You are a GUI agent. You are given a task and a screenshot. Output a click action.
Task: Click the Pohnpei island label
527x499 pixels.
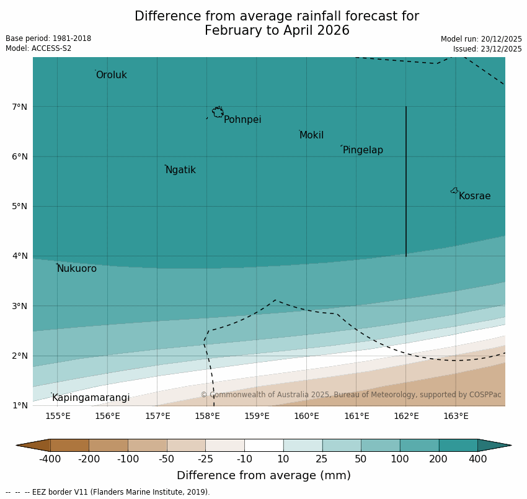click(242, 120)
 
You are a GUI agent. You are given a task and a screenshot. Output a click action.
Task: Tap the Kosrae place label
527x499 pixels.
click(474, 196)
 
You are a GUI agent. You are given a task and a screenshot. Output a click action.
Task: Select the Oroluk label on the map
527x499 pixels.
click(112, 75)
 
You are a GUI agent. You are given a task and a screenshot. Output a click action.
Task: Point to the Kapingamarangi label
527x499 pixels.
click(91, 398)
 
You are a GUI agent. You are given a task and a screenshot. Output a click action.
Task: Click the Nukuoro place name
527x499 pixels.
click(77, 269)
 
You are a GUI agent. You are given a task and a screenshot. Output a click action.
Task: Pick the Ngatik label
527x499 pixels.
click(180, 170)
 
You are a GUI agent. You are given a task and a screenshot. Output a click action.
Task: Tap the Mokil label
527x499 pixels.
click(311, 135)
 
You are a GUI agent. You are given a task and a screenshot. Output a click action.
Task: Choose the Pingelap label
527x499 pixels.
click(363, 150)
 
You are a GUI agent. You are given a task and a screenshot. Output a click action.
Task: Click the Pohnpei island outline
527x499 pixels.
click(218, 112)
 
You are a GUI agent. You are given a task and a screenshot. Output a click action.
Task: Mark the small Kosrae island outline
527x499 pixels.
click(454, 191)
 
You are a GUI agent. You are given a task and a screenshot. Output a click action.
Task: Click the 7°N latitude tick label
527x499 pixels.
click(19, 107)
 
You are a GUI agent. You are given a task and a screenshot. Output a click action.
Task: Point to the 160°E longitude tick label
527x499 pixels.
click(306, 416)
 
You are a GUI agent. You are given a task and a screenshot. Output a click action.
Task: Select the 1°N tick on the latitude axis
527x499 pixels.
click(19, 405)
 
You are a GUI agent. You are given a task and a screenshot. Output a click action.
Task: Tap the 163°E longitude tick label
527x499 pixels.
click(456, 416)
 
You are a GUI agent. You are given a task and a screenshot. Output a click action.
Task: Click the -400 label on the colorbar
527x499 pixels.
click(50, 459)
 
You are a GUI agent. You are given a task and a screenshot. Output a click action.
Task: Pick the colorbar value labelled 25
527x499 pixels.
click(322, 459)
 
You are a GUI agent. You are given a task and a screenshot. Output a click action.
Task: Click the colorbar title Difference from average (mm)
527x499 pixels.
click(263, 475)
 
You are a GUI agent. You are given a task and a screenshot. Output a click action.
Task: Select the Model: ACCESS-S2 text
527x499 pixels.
click(38, 48)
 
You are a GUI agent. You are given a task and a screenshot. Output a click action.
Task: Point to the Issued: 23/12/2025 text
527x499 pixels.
click(487, 48)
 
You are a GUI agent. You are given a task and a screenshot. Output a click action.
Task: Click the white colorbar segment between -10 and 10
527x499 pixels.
click(263, 445)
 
